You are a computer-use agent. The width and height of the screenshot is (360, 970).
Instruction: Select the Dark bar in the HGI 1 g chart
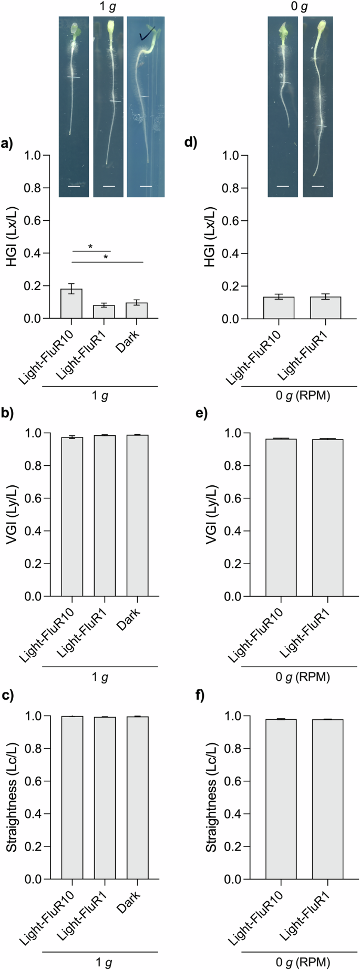(137, 311)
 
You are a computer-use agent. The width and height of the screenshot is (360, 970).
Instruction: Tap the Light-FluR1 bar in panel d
(325, 308)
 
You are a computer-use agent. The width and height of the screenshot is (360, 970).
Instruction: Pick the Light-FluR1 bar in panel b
(105, 515)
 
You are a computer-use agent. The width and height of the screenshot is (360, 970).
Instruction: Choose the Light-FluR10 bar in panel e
(281, 517)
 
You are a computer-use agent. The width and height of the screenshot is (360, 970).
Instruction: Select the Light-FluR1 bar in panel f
(327, 799)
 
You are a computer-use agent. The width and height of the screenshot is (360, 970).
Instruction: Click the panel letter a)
(8, 142)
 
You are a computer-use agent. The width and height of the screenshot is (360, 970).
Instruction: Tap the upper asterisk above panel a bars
(90, 247)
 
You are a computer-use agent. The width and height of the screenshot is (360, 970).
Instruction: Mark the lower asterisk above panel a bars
(106, 258)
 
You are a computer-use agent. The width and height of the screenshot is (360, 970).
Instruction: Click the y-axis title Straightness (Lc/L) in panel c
(12, 797)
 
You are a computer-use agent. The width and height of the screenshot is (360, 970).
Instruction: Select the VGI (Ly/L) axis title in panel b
(12, 514)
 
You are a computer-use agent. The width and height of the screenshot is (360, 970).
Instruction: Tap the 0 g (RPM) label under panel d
(303, 396)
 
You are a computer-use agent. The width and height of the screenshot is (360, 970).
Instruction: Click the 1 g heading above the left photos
(108, 7)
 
